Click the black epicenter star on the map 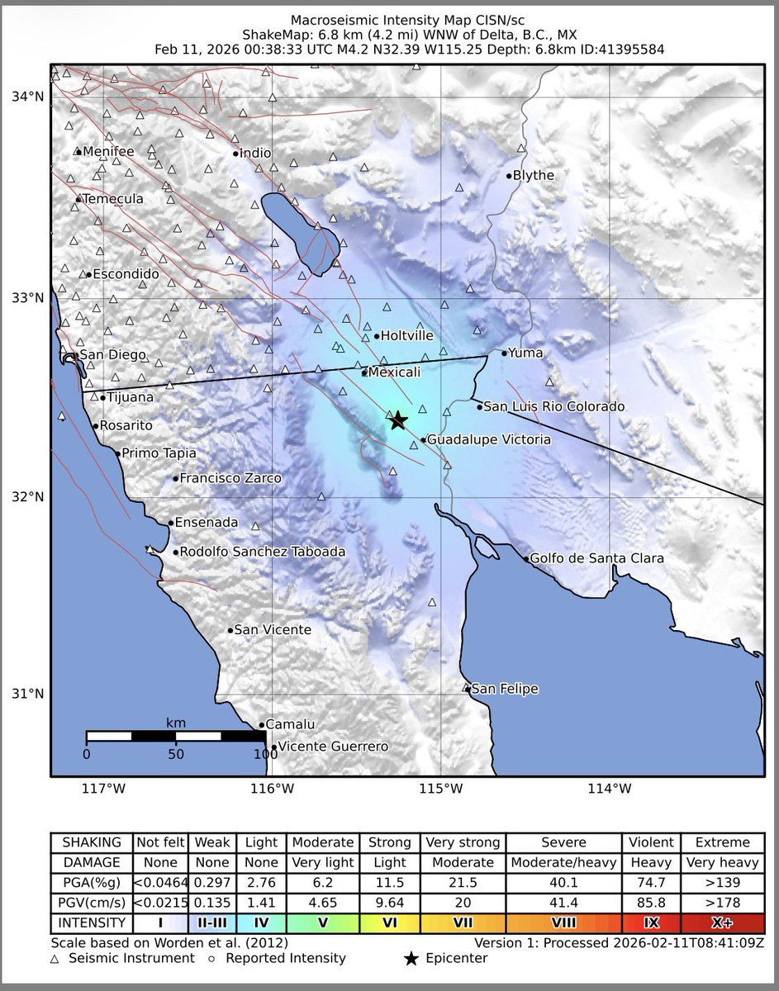pyautogui.click(x=397, y=420)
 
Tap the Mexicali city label pyautogui.click(x=394, y=372)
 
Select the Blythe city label pyautogui.click(x=533, y=175)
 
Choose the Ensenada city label pyautogui.click(x=207, y=523)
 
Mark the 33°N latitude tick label pyautogui.click(x=28, y=297)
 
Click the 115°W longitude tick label pyautogui.click(x=440, y=789)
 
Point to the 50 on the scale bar pyautogui.click(x=175, y=753)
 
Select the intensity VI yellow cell pyautogui.click(x=389, y=922)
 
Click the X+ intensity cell pyautogui.click(x=723, y=922)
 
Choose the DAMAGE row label pyautogui.click(x=92, y=862)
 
